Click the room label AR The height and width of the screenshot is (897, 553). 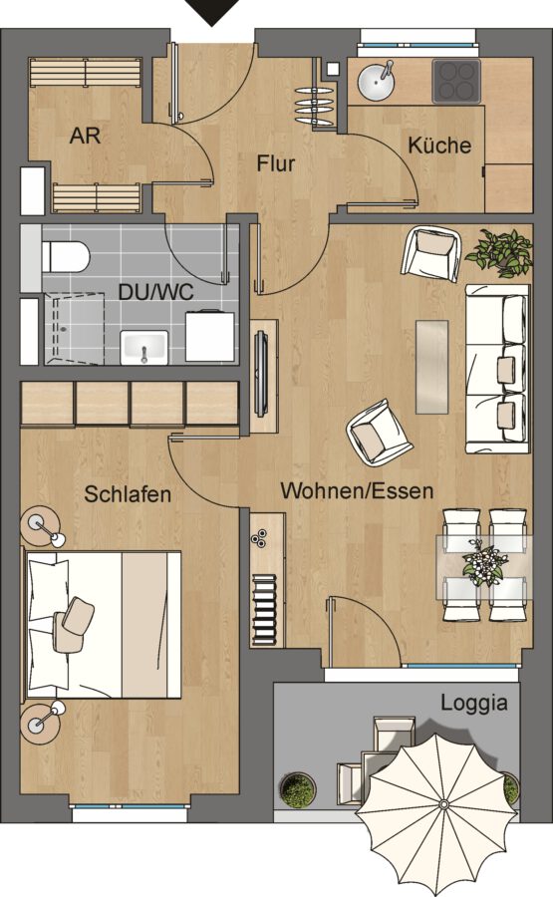click(x=85, y=137)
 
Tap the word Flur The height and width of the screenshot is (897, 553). click(x=276, y=163)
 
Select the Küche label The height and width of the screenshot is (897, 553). click(x=439, y=145)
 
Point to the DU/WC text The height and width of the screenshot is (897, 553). click(x=155, y=292)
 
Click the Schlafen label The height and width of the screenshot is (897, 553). click(x=128, y=494)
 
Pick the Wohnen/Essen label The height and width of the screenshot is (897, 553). click(x=357, y=490)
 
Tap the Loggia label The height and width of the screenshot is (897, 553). click(x=474, y=703)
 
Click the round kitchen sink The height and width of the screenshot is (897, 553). click(x=377, y=82)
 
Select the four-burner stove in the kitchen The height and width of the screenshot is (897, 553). click(x=455, y=82)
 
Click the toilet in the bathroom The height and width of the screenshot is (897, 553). click(x=66, y=256)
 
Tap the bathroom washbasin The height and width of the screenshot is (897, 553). click(x=144, y=347)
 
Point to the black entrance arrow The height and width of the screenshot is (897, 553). click(x=212, y=12)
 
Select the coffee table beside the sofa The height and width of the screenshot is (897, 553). click(x=431, y=367)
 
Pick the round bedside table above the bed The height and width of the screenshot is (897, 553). click(x=40, y=525)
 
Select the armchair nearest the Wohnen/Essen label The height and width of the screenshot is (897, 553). click(x=379, y=432)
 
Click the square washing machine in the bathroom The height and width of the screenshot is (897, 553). click(x=210, y=336)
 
